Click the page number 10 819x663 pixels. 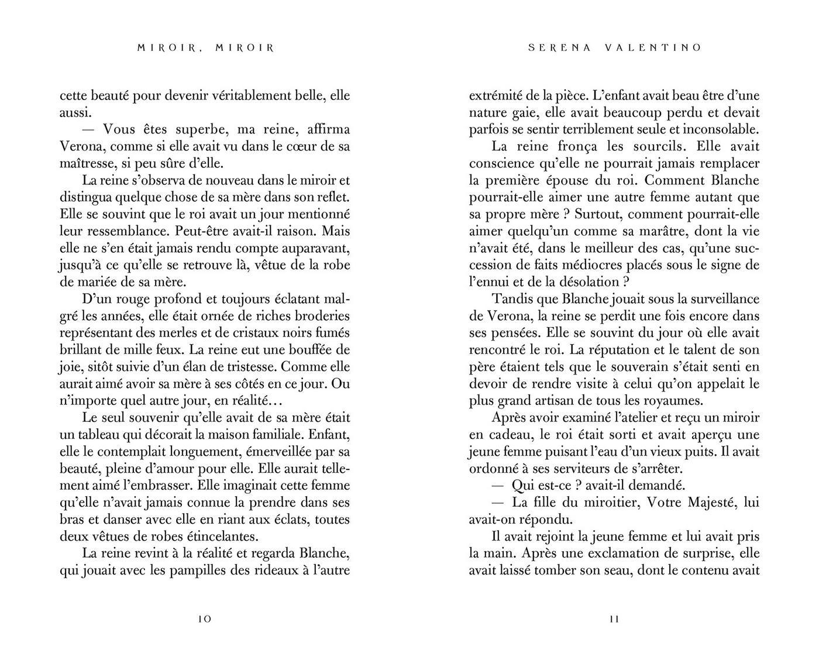(205, 619)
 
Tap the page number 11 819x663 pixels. (614, 619)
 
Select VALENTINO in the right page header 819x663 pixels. (653, 48)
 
